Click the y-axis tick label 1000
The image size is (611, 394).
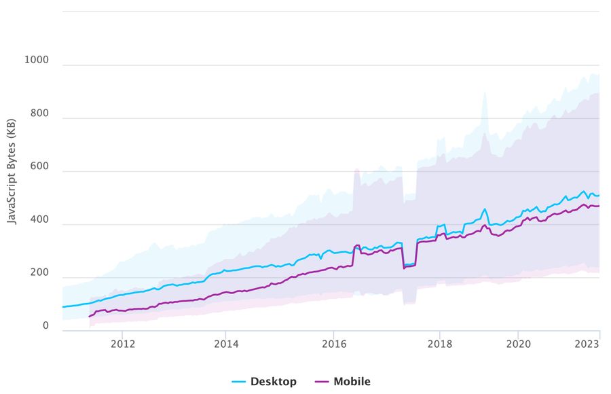tap(37, 60)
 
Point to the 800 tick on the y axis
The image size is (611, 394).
tap(39, 113)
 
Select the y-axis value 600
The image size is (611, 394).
tap(39, 166)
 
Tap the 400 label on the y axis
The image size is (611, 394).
tap(39, 219)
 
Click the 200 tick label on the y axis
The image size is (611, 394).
tap(39, 273)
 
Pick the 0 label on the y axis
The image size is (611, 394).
tap(45, 326)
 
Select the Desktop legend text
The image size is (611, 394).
tap(274, 382)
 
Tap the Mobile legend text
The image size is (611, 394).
tap(352, 382)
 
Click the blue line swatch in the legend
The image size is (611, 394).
tap(239, 382)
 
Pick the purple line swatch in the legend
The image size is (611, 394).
tap(322, 382)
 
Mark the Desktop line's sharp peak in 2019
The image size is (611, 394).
tap(485, 209)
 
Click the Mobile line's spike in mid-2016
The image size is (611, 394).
tap(357, 245)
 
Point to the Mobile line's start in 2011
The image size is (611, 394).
tap(90, 317)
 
